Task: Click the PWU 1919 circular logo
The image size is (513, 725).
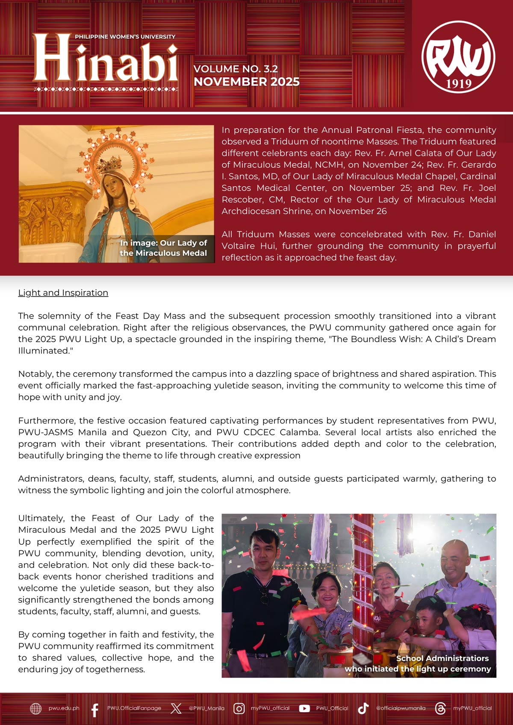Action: coord(458,57)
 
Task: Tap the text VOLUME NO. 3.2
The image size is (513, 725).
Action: coord(236,69)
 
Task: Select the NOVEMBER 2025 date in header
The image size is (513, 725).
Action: coord(247,82)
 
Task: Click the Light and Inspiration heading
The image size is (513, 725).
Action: coord(63,293)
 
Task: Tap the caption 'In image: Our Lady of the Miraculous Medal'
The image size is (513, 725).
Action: coord(163,248)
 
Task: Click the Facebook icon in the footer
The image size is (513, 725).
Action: coord(95,708)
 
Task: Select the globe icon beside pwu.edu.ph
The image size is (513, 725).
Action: coord(35,708)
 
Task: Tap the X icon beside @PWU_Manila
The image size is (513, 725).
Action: coord(176,708)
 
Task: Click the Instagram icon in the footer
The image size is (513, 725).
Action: coord(239,708)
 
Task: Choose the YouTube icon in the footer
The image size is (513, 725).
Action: coord(304,708)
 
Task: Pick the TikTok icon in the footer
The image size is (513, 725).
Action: coord(363,708)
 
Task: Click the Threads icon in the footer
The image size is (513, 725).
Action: coord(440,708)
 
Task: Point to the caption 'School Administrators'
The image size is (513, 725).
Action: coord(442,658)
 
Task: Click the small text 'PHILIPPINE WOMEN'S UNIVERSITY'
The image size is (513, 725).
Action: coord(125,37)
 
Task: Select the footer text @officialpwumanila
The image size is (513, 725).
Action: coord(401,708)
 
